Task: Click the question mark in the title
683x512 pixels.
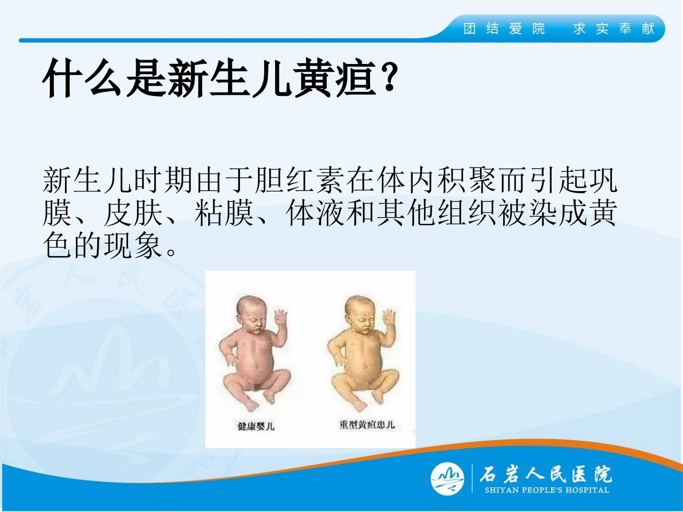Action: [388, 76]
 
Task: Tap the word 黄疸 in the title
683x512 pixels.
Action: [334, 78]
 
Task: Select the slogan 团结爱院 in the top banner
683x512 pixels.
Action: [504, 29]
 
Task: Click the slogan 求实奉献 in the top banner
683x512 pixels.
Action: [614, 29]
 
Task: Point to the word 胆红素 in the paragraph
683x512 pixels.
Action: [299, 180]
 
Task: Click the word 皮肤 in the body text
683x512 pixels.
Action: [133, 213]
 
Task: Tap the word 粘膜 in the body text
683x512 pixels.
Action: [224, 213]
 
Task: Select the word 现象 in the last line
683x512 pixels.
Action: [133, 246]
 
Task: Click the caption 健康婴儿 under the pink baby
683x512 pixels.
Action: [256, 426]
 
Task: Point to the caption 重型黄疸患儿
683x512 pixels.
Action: [367, 425]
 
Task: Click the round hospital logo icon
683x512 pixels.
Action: [447, 479]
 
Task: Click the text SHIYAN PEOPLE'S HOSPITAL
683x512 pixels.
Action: [547, 490]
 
